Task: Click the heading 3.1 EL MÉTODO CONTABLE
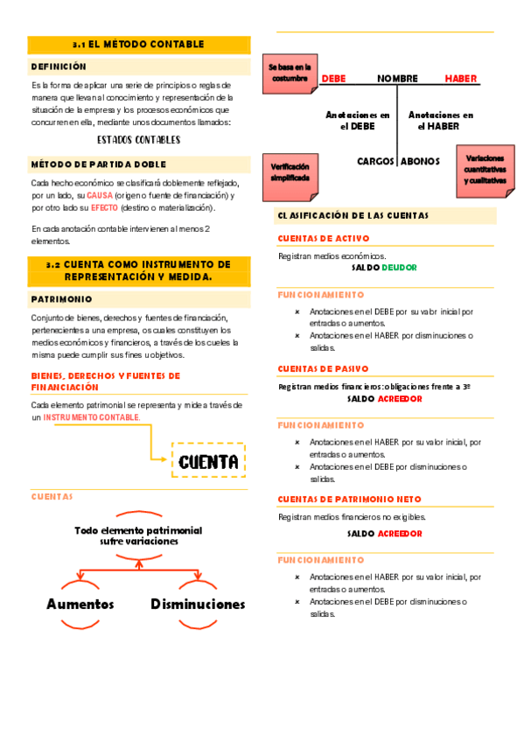point(138,45)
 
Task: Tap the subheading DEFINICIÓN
point(59,66)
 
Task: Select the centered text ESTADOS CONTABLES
point(139,139)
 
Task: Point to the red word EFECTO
point(104,208)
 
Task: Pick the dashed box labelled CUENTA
point(208,461)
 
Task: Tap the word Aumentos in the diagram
point(80,604)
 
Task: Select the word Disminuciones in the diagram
point(198,604)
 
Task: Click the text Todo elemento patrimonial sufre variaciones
point(138,535)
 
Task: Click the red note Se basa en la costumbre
point(289,73)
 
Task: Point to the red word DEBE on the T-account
point(333,79)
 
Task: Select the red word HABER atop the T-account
point(461,79)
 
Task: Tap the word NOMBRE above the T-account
point(398,79)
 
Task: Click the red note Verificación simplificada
point(290,171)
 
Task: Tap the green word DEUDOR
point(399,268)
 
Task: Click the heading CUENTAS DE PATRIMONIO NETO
point(349,500)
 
